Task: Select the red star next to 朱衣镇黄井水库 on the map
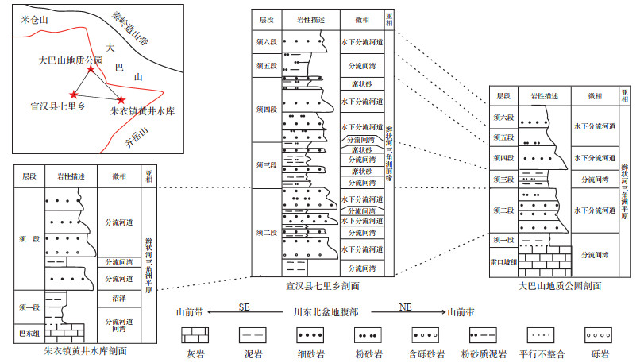(121, 99)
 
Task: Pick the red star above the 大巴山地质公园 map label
(91, 71)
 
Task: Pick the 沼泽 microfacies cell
(118, 299)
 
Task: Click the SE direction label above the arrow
(245, 306)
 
